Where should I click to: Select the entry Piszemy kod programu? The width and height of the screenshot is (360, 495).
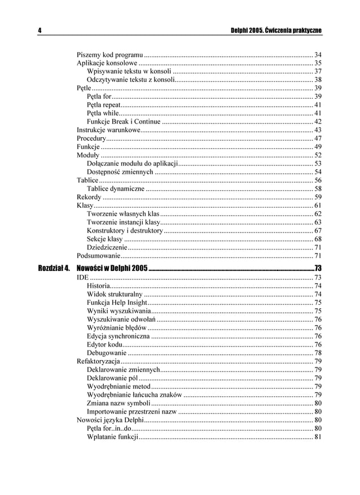coord(109,54)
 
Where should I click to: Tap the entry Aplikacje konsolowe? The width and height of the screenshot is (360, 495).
coord(107,63)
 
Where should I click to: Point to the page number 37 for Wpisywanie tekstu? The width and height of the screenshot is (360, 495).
coord(318,72)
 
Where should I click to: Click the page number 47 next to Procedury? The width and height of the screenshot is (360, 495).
coord(318,139)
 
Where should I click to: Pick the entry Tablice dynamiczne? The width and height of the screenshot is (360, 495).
coord(116,189)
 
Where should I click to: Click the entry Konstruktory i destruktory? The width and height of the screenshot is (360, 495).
coord(125,230)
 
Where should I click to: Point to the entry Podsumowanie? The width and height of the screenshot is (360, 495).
coord(98,256)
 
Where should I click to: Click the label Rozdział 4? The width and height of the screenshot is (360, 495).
coord(54,267)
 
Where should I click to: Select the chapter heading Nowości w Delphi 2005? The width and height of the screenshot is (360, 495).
coord(112,267)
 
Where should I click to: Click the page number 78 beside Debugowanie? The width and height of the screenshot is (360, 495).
coord(318,353)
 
